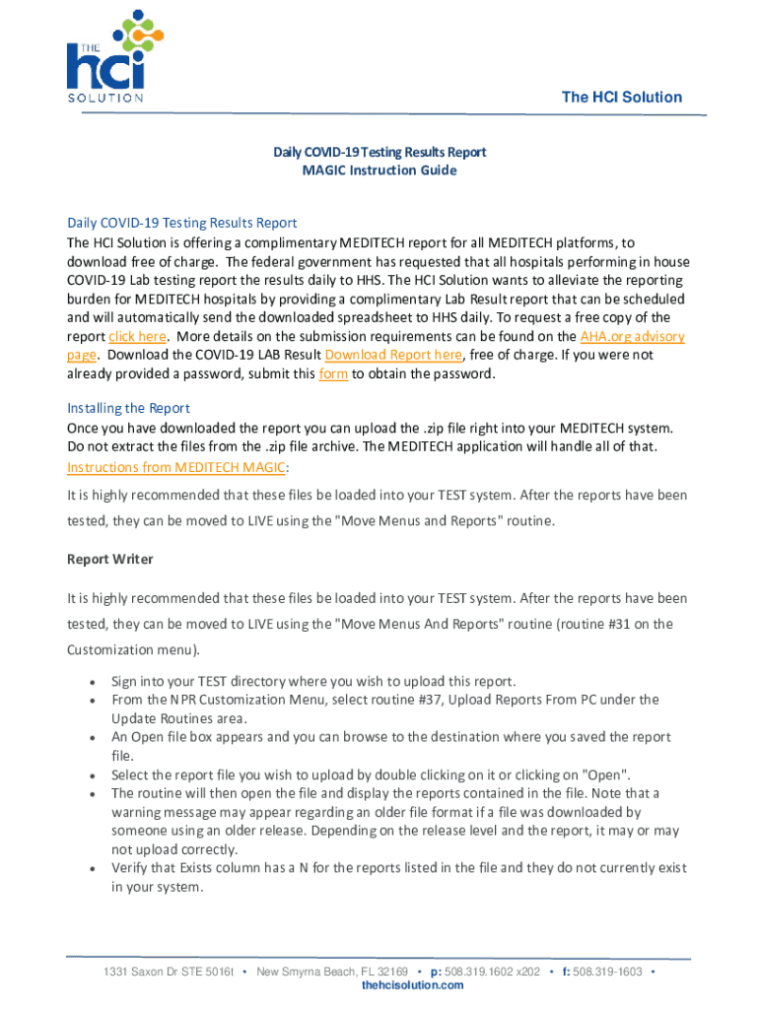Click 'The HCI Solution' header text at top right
click(621, 97)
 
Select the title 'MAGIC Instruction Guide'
click(379, 170)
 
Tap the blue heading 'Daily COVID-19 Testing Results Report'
click(181, 223)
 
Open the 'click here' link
click(137, 336)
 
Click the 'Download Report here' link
click(393, 355)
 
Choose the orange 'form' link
click(334, 373)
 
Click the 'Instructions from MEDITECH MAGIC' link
click(175, 467)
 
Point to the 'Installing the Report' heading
click(128, 408)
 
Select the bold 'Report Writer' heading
click(109, 559)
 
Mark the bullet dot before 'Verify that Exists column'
click(92, 868)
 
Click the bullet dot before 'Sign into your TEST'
click(92, 682)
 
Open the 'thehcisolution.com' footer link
click(412, 985)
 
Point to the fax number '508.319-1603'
click(607, 972)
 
